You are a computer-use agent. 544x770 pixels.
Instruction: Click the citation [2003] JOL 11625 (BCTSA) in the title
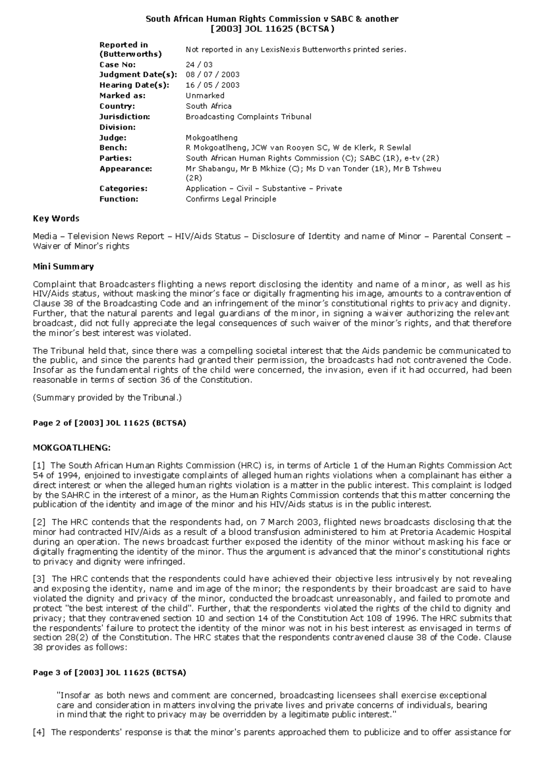[x=272, y=29]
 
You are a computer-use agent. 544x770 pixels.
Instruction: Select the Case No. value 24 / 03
[x=199, y=64]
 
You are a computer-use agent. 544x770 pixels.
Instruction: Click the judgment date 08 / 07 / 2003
[x=213, y=74]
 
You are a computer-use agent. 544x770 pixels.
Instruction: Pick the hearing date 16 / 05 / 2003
[x=213, y=85]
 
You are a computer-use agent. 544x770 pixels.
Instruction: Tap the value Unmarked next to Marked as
[x=205, y=96]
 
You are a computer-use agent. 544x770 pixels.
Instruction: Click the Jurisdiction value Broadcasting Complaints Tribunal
[x=248, y=117]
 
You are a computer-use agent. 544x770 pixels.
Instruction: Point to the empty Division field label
[x=117, y=127]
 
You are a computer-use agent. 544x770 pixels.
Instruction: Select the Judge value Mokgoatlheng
[x=211, y=137]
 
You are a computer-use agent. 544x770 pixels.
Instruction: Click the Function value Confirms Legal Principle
[x=231, y=199]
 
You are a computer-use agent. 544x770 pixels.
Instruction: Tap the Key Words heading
[x=56, y=219]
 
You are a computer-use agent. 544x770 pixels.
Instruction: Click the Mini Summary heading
[x=63, y=267]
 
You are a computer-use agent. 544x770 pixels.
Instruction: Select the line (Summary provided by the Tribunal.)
[x=107, y=398]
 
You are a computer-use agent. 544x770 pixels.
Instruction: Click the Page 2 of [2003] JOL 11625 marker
[x=109, y=423]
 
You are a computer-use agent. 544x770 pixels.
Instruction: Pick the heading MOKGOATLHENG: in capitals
[x=72, y=448]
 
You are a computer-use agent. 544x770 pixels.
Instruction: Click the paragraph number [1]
[x=39, y=465]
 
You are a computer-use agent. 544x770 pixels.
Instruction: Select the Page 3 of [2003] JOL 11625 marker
[x=109, y=673]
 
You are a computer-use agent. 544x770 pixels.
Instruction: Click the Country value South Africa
[x=209, y=106]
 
